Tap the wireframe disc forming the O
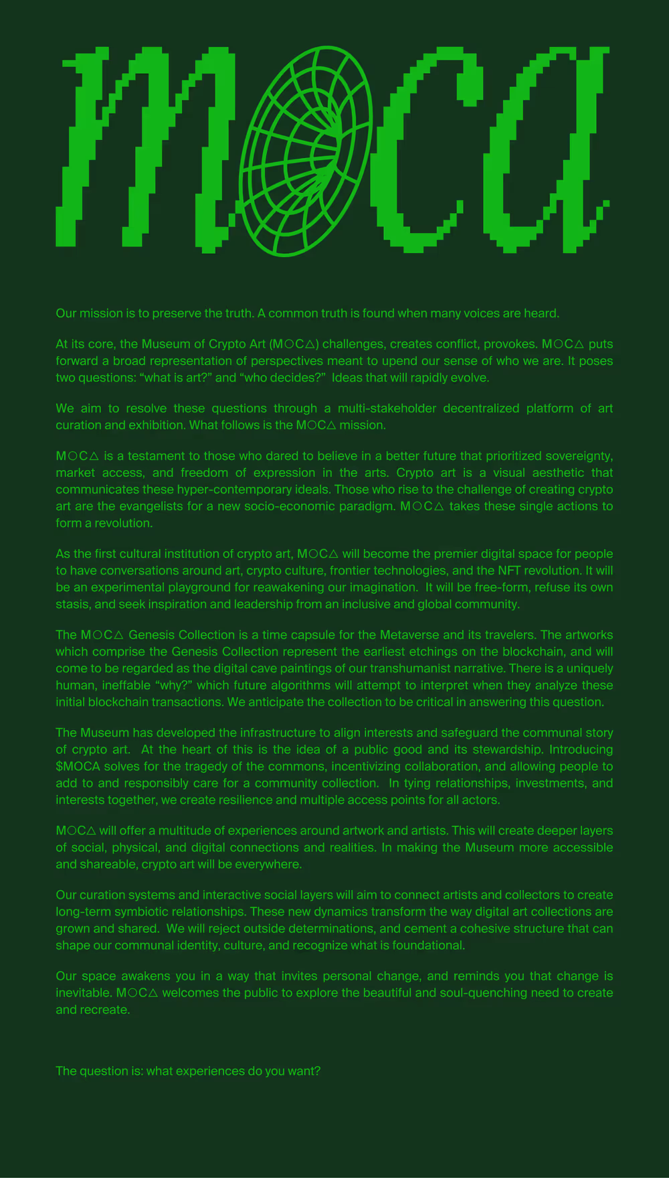click(x=305, y=151)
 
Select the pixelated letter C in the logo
click(x=428, y=151)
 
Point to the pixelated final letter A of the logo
click(x=545, y=151)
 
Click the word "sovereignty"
click(x=579, y=456)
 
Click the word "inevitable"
click(x=83, y=992)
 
